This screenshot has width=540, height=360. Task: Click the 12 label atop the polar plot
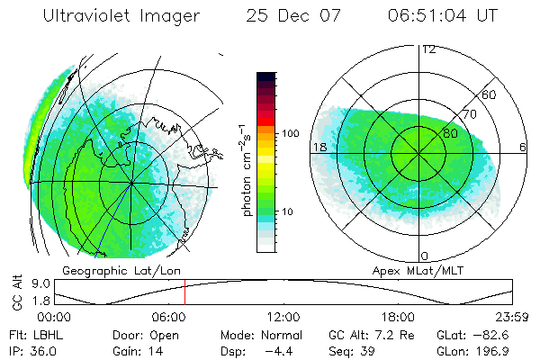click(428, 49)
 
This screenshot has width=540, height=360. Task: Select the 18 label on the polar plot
click(319, 147)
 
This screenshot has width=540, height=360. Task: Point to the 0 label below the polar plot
click(424, 256)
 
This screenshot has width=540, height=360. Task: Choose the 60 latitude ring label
click(490, 94)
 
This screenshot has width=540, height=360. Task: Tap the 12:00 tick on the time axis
click(283, 317)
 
